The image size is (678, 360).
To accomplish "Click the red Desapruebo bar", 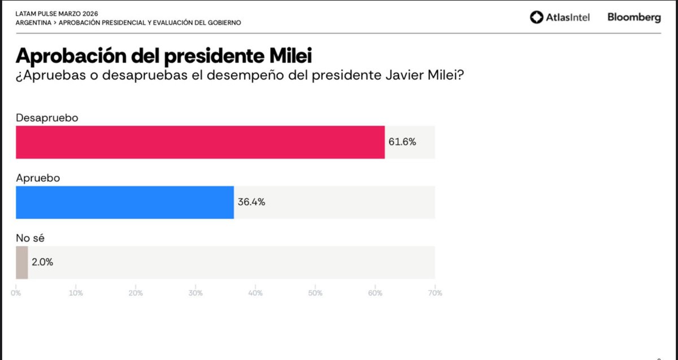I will [x=200, y=142].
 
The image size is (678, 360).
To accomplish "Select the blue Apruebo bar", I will [x=124, y=202].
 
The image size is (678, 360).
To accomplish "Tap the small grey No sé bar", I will [x=21, y=262].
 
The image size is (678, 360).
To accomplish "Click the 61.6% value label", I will [x=402, y=142].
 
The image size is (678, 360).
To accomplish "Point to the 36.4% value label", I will [x=251, y=202].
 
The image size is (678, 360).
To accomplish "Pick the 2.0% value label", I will [x=42, y=262].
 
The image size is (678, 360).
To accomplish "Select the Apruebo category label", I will [x=38, y=177].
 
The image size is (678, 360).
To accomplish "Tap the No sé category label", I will [x=30, y=238].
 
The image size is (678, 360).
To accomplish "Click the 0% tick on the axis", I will [x=16, y=293].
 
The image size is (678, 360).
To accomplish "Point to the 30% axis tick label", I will [x=195, y=293].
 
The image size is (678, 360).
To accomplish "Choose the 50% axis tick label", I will [x=315, y=293].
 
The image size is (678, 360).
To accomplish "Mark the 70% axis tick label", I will [x=434, y=293].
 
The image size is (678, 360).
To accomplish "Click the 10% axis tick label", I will [x=76, y=293].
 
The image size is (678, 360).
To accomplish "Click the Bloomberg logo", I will [x=634, y=18].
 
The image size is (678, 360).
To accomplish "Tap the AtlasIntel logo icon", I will [x=536, y=18].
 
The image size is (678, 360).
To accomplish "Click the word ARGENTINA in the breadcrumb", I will [x=33, y=23].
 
